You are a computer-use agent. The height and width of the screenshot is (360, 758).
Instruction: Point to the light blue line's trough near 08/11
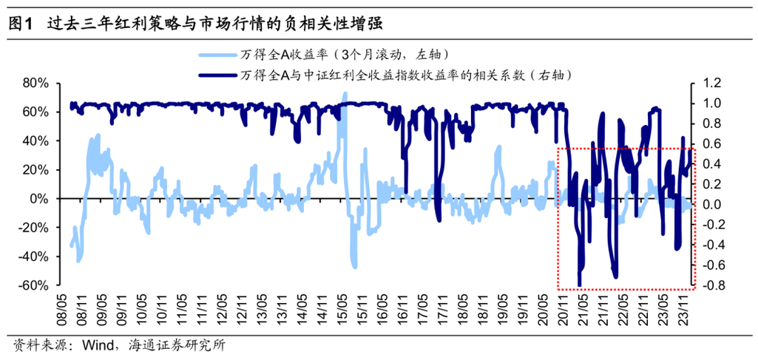coord(78,259)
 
